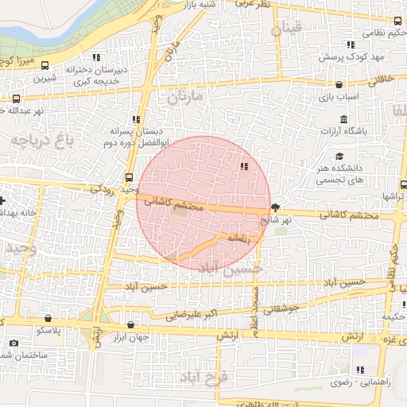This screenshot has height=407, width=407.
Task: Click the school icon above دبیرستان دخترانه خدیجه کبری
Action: coord(96,57)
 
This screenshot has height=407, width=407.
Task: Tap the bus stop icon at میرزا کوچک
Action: coord(43,66)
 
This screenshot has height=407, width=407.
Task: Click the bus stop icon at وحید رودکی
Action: coord(130,177)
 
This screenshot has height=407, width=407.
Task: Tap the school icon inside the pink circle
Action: coord(242,166)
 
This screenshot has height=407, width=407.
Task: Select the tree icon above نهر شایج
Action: coord(276,206)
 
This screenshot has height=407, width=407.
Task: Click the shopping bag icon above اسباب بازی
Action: coord(339,84)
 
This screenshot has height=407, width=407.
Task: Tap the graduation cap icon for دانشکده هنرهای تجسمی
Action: coord(339,156)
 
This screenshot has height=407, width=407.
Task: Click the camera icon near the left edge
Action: coord(13,343)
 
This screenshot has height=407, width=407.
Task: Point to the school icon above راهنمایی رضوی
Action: coord(360,370)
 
